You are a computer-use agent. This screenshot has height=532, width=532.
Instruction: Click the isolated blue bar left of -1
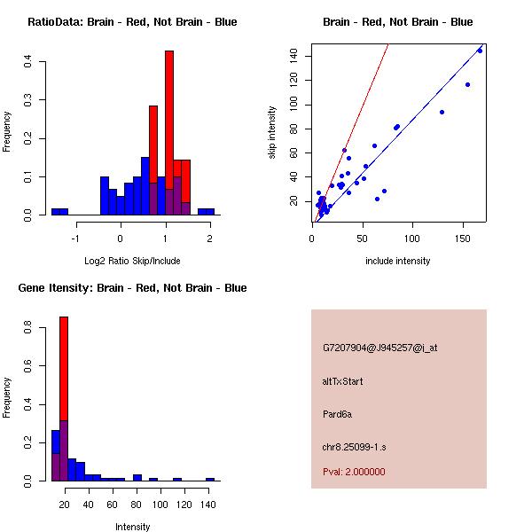pyautogui.click(x=59, y=212)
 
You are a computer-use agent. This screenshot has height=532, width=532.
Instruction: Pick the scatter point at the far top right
pyautogui.click(x=480, y=51)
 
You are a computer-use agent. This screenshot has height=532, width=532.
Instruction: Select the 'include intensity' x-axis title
pyautogui.click(x=397, y=261)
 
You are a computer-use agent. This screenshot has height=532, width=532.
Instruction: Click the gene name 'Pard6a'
pyautogui.click(x=338, y=414)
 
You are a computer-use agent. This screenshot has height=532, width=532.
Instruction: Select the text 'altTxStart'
pyautogui.click(x=343, y=381)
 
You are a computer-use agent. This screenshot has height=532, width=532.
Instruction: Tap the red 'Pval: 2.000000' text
pyautogui.click(x=354, y=472)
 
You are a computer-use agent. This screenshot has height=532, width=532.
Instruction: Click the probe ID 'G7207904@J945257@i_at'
pyautogui.click(x=380, y=348)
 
